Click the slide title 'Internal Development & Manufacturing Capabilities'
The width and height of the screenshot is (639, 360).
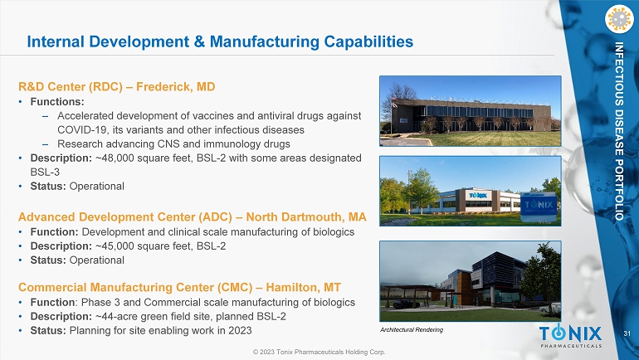(220, 41)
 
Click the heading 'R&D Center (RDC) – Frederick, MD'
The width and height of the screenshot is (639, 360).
(116, 87)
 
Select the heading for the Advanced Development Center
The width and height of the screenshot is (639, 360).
(193, 216)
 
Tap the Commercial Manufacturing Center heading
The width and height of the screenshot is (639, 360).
(179, 287)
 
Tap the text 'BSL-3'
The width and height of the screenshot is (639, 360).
(45, 172)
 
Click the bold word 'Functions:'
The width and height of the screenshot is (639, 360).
(57, 102)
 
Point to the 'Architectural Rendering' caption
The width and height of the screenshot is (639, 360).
(412, 330)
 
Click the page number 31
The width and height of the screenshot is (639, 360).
(627, 333)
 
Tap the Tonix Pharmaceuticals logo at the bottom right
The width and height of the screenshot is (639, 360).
(571, 337)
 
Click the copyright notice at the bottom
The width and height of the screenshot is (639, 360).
(319, 352)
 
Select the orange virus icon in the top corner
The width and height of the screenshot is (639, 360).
(619, 19)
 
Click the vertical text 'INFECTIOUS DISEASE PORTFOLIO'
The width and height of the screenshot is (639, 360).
(619, 131)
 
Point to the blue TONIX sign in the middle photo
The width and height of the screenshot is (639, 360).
(539, 207)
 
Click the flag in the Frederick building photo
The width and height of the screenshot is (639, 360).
(394, 104)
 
